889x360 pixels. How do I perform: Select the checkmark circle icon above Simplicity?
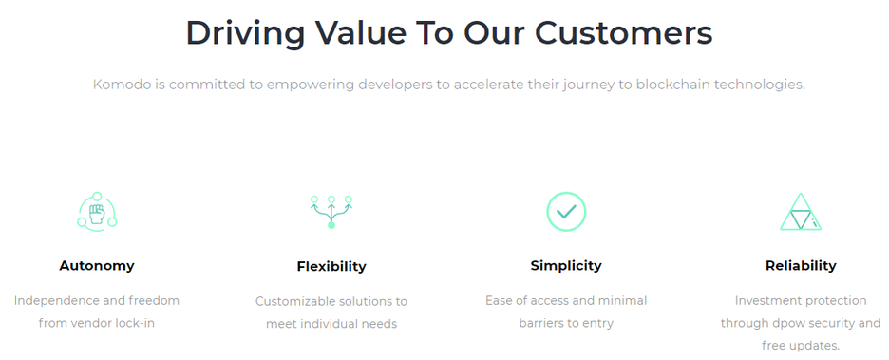(x=566, y=212)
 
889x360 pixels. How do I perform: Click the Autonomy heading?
(x=97, y=265)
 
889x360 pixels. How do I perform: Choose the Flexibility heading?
(x=331, y=267)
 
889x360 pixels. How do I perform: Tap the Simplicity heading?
(x=566, y=265)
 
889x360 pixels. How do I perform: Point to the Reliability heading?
(x=801, y=265)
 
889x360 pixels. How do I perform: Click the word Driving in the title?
(x=245, y=34)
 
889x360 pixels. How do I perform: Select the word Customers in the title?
(x=624, y=33)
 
